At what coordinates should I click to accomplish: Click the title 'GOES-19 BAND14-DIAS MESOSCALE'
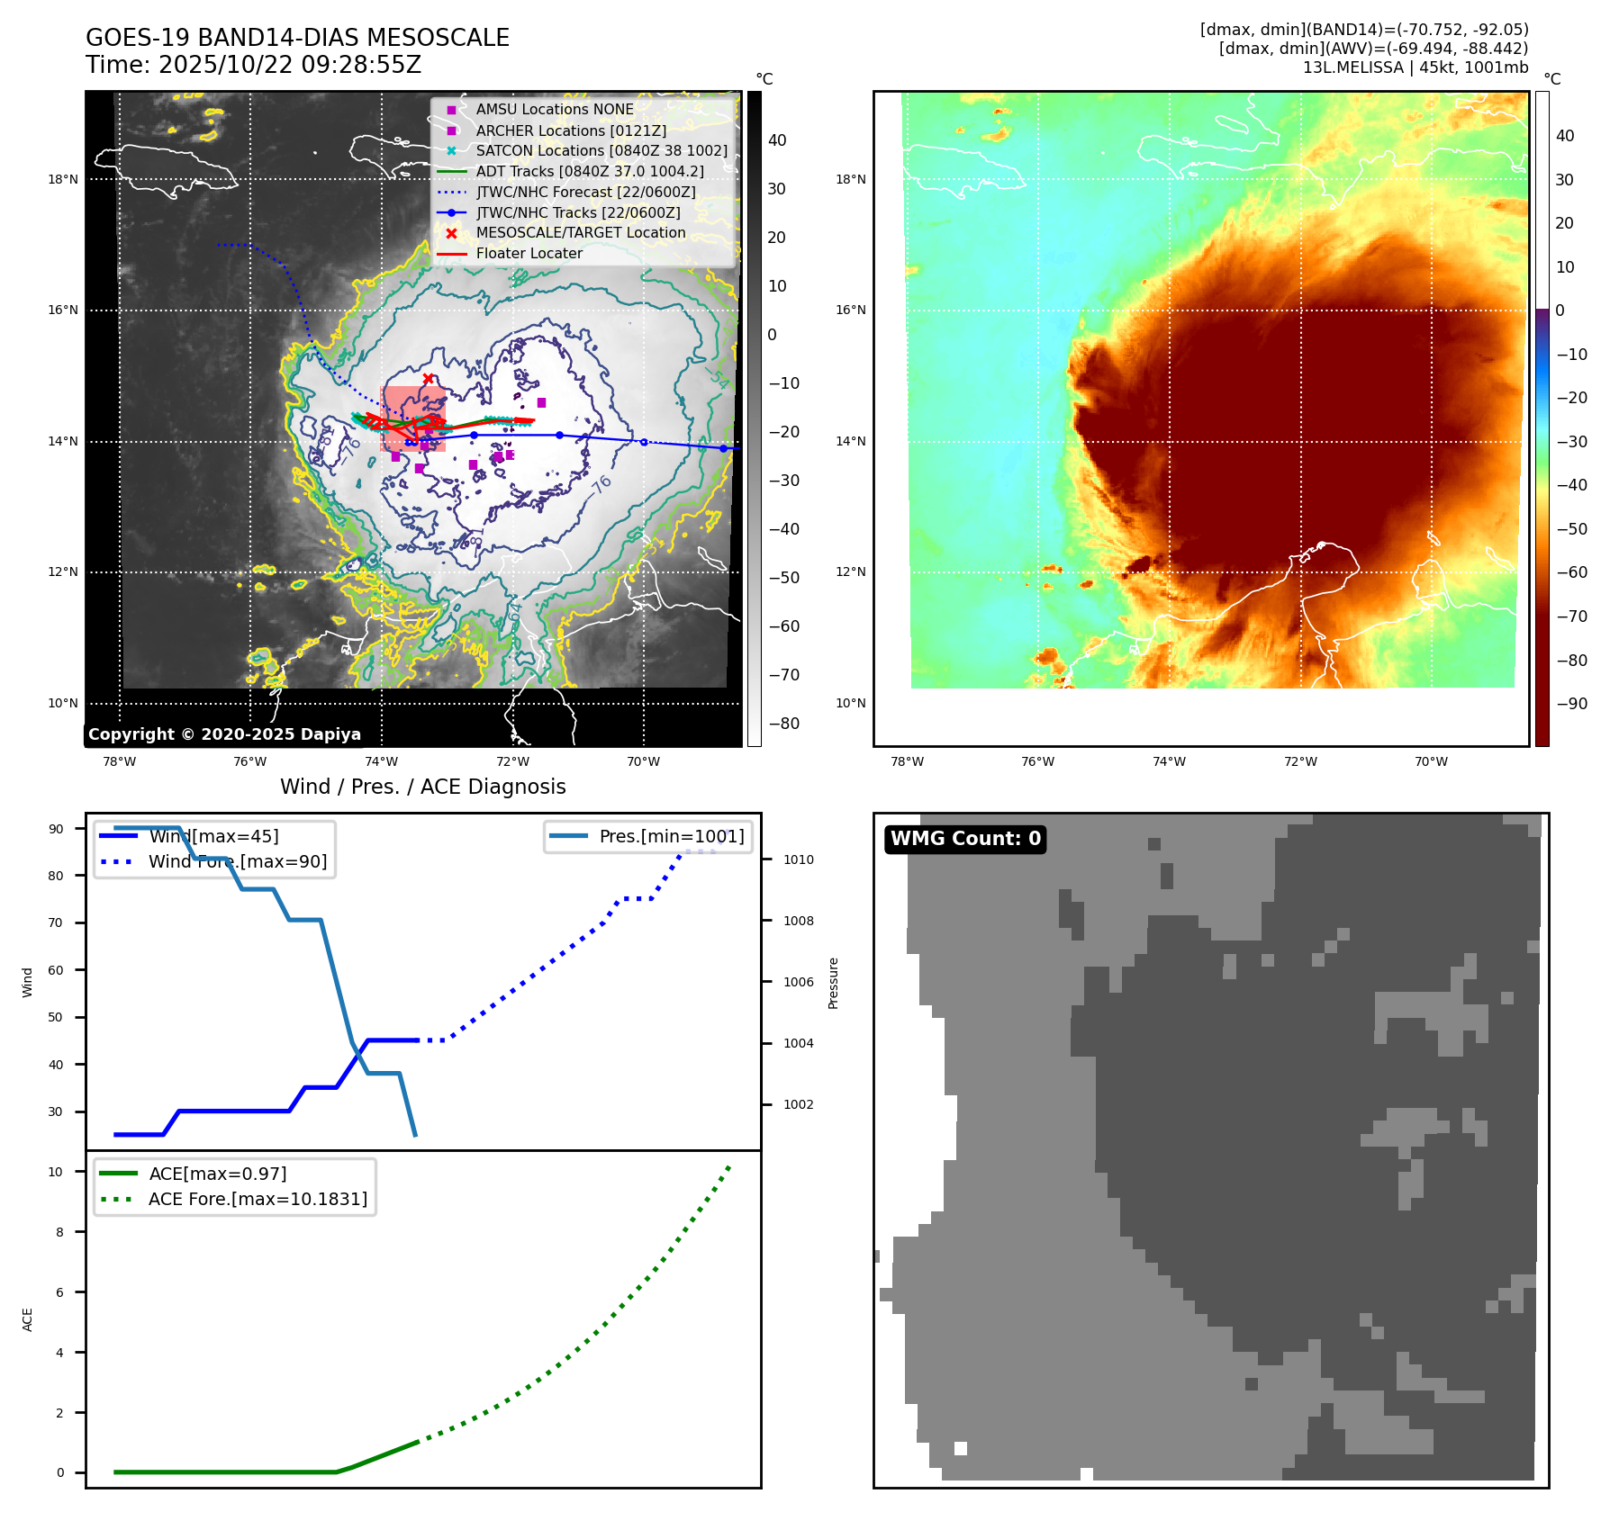[297, 38]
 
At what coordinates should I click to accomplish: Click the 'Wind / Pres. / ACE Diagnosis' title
[422, 787]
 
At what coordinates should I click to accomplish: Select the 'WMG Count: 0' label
[965, 839]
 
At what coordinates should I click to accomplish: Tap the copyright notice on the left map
[224, 734]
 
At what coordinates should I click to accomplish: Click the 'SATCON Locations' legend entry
[601, 151]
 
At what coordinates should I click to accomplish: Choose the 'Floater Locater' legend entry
[529, 254]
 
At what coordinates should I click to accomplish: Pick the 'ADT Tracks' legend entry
[589, 172]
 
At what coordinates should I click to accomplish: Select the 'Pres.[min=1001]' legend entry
[671, 836]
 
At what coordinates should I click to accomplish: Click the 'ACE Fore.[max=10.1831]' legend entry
[258, 1200]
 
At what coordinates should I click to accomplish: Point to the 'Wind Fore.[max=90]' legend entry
[238, 862]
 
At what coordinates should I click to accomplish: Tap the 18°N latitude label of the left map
[63, 180]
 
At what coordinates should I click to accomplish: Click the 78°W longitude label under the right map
[907, 762]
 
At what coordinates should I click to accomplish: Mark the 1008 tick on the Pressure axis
[798, 921]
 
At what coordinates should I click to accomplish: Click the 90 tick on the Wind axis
[56, 829]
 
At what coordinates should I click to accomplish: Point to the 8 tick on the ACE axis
[59, 1232]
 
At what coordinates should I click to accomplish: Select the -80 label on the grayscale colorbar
[783, 724]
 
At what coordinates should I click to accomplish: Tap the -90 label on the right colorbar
[1571, 704]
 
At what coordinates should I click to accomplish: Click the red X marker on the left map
[428, 379]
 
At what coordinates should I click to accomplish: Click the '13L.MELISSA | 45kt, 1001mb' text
[1415, 67]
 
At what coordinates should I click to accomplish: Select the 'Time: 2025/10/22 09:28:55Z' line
[253, 65]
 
